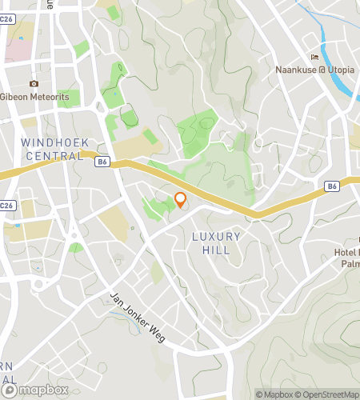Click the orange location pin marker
coord(181,200)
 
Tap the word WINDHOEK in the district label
coord(52,142)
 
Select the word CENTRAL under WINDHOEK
coord(54,156)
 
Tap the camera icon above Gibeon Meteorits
coord(34,84)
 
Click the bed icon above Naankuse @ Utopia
coord(315,57)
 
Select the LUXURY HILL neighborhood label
coord(211,243)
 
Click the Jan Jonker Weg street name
coord(137,316)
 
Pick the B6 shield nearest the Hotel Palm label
coord(333,186)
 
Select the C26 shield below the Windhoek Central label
coord(7,206)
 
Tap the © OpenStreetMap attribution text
coord(329,394)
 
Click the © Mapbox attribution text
coord(274,394)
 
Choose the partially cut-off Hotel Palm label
coord(343,258)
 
